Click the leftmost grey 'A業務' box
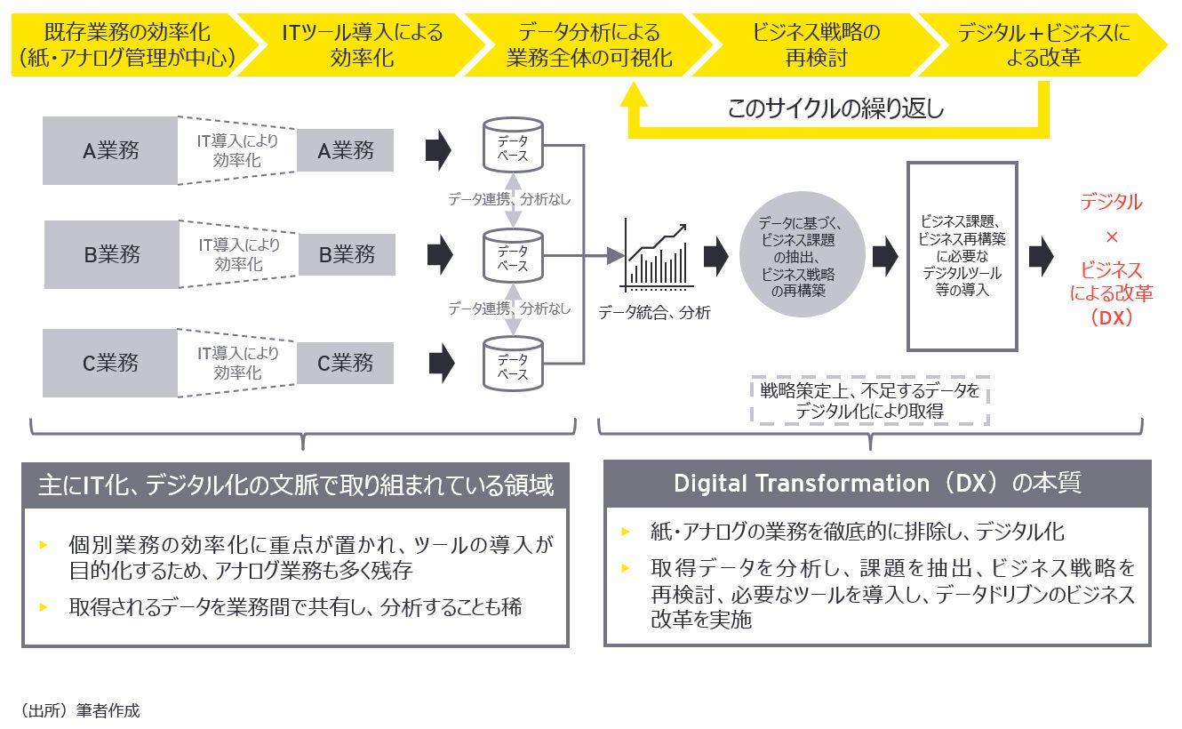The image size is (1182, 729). [110, 150]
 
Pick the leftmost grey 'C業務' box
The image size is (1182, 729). [110, 363]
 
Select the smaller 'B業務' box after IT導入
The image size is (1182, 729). [346, 254]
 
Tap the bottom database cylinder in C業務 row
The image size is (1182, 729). [512, 363]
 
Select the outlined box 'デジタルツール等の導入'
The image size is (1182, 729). [962, 256]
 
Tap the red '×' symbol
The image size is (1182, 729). [1111, 237]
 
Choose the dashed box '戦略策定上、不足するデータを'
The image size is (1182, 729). [869, 401]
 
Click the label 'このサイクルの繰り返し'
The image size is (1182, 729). [835, 109]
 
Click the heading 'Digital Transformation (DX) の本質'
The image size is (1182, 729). [877, 484]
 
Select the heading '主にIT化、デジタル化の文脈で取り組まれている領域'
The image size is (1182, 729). [295, 485]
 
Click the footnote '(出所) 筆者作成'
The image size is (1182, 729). [80, 710]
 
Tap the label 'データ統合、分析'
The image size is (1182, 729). [654, 313]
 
